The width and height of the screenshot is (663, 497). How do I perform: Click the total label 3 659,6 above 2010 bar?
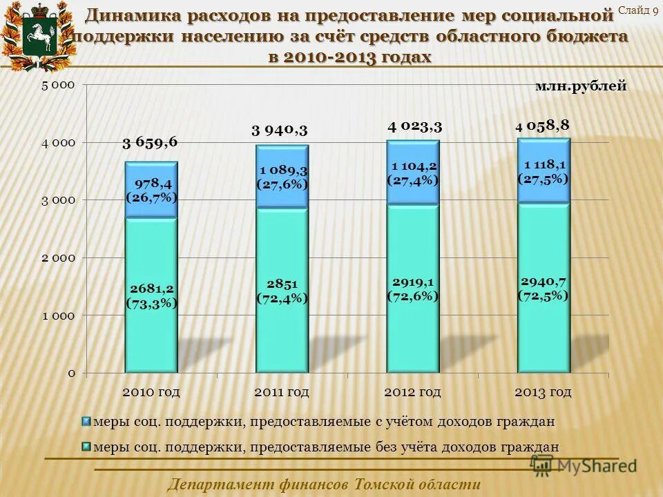(150, 142)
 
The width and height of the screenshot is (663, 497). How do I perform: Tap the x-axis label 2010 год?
(151, 392)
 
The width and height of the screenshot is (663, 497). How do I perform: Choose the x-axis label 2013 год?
(543, 392)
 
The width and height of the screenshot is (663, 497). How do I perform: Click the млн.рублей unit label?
(581, 86)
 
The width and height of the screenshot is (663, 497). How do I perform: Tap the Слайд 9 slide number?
(637, 10)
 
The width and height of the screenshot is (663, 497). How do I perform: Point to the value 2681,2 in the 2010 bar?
(151, 289)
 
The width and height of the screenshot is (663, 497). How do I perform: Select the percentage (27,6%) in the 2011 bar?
(282, 184)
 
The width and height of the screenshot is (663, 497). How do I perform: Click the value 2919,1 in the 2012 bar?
(413, 282)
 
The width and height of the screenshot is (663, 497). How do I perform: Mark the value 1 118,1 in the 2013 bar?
(544, 164)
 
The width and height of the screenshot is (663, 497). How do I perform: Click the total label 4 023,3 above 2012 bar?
(414, 126)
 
